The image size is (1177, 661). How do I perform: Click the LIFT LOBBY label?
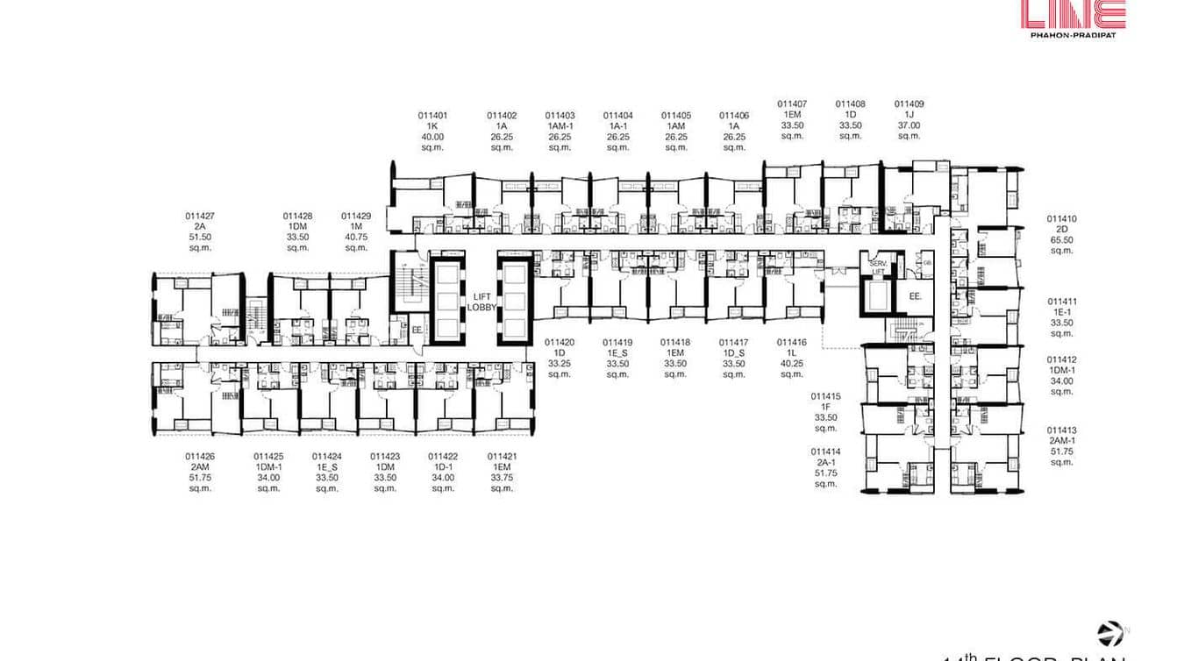(x=481, y=302)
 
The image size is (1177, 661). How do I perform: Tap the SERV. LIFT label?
(x=877, y=267)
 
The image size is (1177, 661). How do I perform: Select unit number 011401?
(x=432, y=115)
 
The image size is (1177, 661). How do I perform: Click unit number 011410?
(x=1061, y=219)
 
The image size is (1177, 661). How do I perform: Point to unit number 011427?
(x=200, y=216)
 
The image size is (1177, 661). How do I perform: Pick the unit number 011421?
(x=502, y=456)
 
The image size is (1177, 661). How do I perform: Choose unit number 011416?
(x=791, y=342)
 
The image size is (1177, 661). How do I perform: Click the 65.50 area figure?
(x=1061, y=240)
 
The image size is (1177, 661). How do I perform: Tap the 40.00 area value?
(x=432, y=137)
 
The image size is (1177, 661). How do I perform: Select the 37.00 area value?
(x=909, y=124)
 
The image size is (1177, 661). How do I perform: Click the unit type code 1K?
(x=432, y=126)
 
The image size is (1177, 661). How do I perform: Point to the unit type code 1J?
(x=909, y=114)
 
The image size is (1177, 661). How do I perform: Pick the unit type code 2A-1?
(x=825, y=461)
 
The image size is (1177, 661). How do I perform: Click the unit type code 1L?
(x=791, y=352)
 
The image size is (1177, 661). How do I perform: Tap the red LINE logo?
(x=1073, y=15)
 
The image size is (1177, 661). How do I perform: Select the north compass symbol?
(x=1109, y=633)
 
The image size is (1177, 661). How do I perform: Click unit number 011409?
(x=909, y=103)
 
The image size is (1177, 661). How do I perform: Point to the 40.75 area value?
(x=356, y=237)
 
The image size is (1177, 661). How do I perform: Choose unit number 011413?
(x=1061, y=430)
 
